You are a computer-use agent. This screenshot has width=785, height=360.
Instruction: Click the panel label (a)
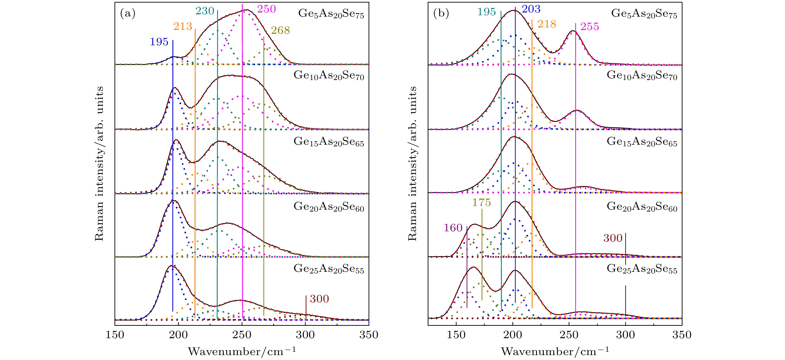(128, 13)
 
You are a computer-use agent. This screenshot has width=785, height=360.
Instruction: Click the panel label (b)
(441, 13)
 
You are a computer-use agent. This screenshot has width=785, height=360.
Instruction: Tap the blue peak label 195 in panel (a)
(159, 42)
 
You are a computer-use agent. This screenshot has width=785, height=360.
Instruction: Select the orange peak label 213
(183, 27)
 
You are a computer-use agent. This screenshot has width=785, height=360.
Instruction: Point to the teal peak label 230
(205, 11)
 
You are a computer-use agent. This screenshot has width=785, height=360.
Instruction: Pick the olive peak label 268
(280, 30)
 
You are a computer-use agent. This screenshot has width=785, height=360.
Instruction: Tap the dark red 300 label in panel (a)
(319, 299)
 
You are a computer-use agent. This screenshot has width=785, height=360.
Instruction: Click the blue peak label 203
(531, 9)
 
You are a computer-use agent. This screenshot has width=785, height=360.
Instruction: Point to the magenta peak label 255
(590, 27)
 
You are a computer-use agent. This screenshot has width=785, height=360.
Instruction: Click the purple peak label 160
(453, 227)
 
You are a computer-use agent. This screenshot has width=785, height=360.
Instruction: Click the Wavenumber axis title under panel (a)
(242, 352)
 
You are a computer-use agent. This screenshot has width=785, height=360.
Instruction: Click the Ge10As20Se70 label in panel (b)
(642, 76)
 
